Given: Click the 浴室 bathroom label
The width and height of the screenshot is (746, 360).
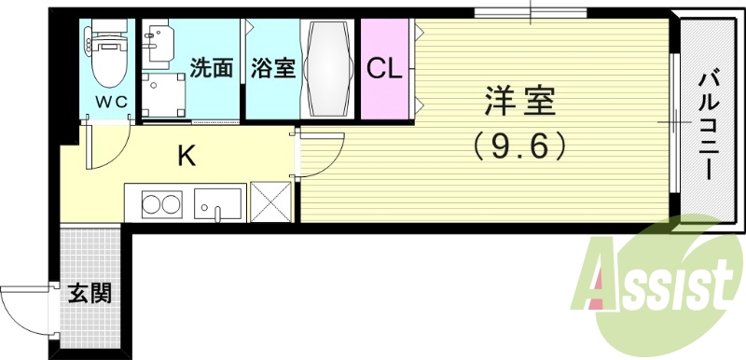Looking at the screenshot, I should (272, 68).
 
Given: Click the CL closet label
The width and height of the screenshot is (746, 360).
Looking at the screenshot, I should (384, 68).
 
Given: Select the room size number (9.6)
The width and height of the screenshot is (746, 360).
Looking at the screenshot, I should (520, 145).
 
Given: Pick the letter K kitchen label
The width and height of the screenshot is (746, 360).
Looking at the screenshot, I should (186, 156).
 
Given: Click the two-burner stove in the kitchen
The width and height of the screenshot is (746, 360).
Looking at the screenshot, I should (159, 202).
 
